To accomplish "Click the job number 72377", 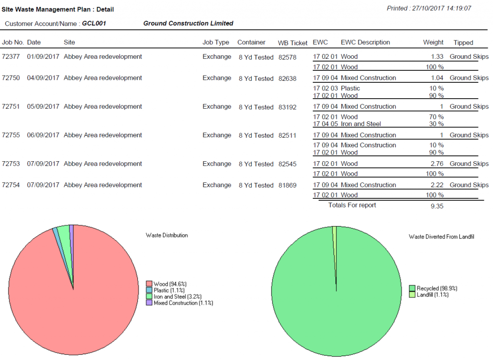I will tap(11, 57).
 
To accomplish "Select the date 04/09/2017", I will tap(43, 78).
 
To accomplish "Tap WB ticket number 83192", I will tap(287, 107).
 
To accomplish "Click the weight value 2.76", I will tap(437, 164).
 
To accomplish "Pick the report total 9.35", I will tap(437, 206).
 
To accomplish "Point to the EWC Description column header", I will tap(365, 43).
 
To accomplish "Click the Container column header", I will tap(251, 43).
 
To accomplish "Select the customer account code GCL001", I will tap(94, 24).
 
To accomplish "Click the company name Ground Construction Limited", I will tap(188, 24).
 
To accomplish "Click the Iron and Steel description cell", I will tap(361, 124).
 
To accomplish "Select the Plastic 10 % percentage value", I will tap(436, 89).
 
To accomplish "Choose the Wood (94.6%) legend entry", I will tap(169, 284).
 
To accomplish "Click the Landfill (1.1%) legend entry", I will tap(432, 295).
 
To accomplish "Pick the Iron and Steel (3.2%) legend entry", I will tap(177, 296).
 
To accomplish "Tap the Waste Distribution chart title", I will tap(167, 235).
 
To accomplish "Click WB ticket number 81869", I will tap(287, 185).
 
